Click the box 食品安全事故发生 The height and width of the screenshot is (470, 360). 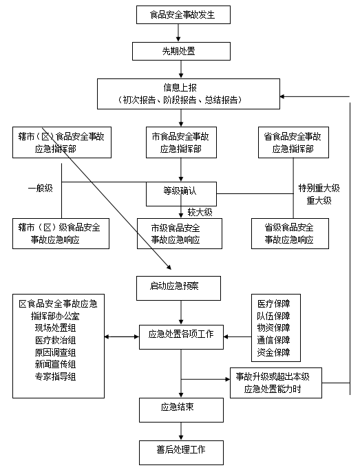pyautogui.click(x=183, y=14)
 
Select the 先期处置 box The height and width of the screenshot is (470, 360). pyautogui.click(x=181, y=51)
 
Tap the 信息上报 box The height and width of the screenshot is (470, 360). pyautogui.click(x=189, y=94)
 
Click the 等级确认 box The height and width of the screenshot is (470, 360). pyautogui.click(x=181, y=194)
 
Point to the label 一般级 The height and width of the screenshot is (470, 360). pyautogui.click(x=40, y=189)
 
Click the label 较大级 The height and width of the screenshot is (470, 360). pyautogui.click(x=200, y=212)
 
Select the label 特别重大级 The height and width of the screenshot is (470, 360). pyautogui.click(x=319, y=189)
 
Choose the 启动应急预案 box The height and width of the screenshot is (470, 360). pyautogui.click(x=178, y=288)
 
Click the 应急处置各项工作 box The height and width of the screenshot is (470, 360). pyautogui.click(x=181, y=337)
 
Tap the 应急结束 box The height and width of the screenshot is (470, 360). pyautogui.click(x=181, y=410)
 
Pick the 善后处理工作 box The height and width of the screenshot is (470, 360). pyautogui.click(x=181, y=453)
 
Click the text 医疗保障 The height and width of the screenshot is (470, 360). pyautogui.click(x=273, y=304)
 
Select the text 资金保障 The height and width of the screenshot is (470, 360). pyautogui.click(x=273, y=352)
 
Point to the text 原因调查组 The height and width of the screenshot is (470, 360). pyautogui.click(x=55, y=352)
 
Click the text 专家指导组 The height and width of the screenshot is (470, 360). pyautogui.click(x=55, y=376)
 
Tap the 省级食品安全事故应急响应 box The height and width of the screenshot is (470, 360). pyautogui.click(x=290, y=233)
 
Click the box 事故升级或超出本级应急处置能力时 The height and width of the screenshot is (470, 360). pyautogui.click(x=276, y=383)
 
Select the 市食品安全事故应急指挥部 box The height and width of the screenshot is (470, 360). pyautogui.click(x=181, y=142)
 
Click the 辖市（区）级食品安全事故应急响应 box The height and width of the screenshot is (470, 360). pyautogui.click(x=61, y=233)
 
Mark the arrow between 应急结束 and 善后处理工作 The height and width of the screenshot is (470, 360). pyautogui.click(x=181, y=431)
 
